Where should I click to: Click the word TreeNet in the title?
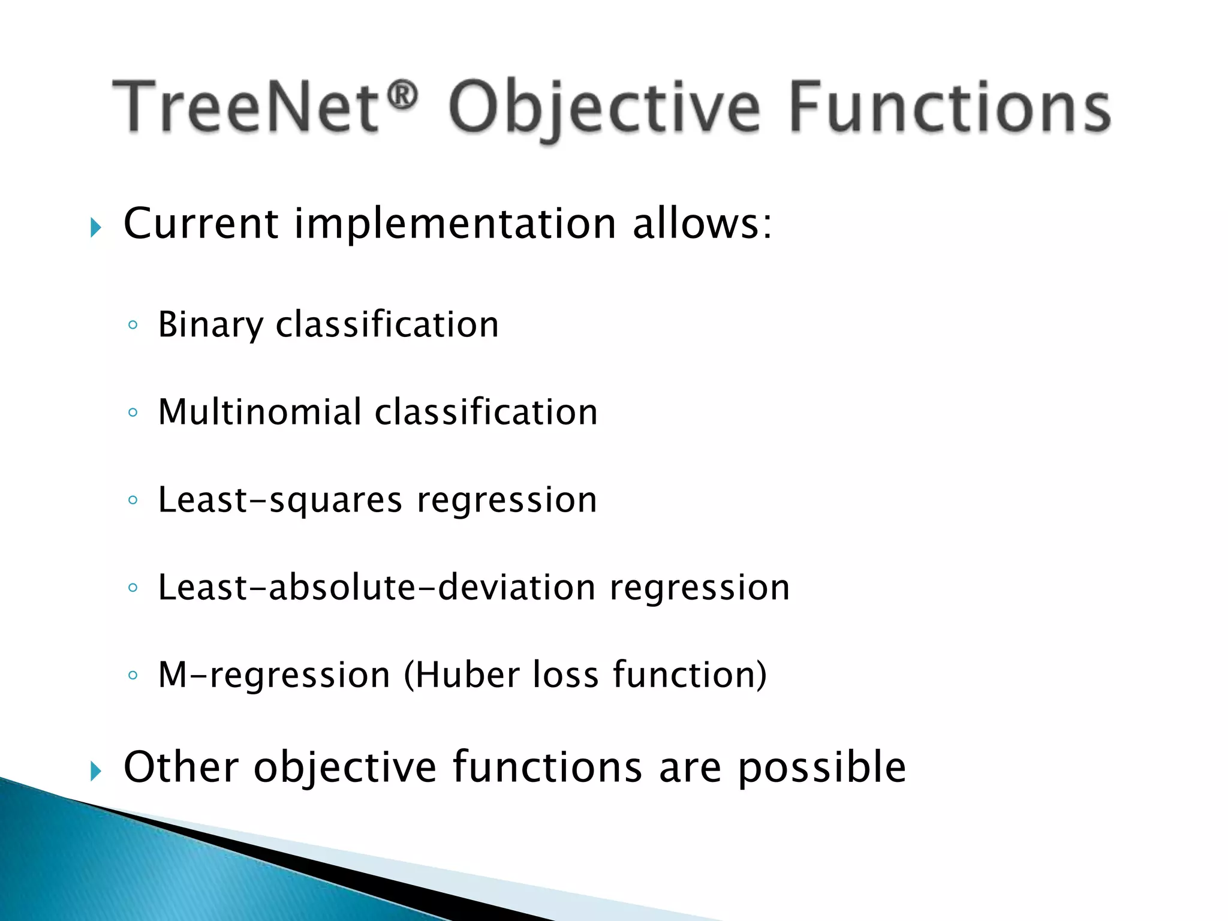point(246,107)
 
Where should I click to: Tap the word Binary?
point(210,324)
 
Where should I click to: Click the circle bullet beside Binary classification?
point(133,326)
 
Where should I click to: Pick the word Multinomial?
point(260,412)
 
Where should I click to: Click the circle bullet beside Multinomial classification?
point(133,413)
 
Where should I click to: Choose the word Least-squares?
point(279,499)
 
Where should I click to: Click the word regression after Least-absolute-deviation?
point(699,588)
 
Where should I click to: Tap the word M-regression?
point(273,675)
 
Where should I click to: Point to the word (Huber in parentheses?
point(462,675)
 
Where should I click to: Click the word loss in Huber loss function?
point(565,675)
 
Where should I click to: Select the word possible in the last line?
point(821,767)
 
